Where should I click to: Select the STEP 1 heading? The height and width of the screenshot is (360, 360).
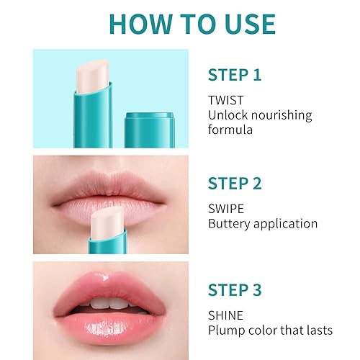click(x=234, y=74)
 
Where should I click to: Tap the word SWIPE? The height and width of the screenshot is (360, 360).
click(x=225, y=207)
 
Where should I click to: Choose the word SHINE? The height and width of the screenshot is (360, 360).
click(x=224, y=315)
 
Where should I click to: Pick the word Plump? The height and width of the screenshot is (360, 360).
click(x=225, y=330)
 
